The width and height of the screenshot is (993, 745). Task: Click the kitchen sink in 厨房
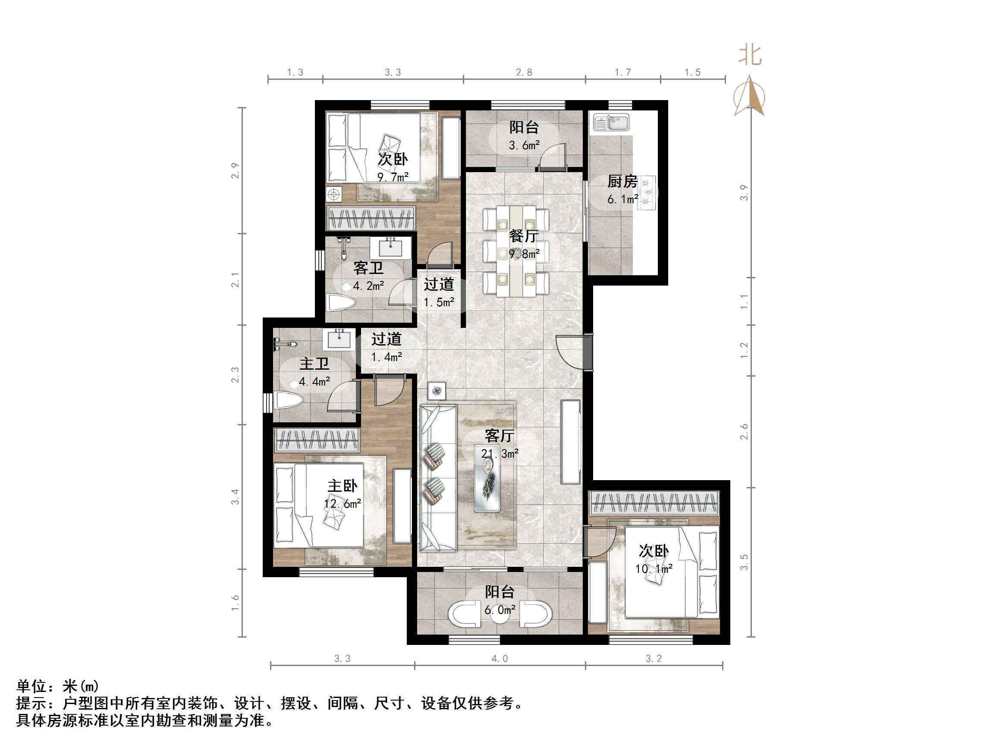click(x=611, y=122)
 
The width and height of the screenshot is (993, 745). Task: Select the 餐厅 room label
click(x=524, y=235)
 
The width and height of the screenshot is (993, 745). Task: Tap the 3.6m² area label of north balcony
click(x=524, y=145)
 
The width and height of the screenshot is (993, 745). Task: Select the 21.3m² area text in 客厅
click(x=500, y=453)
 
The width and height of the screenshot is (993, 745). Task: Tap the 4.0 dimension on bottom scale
click(x=500, y=659)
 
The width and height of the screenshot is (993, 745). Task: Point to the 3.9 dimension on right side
click(x=744, y=193)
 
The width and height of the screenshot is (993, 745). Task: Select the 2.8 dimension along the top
click(x=524, y=72)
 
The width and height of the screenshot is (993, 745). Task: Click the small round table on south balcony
click(x=500, y=615)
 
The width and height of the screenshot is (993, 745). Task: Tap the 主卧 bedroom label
click(x=343, y=485)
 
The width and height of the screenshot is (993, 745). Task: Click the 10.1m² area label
click(x=654, y=569)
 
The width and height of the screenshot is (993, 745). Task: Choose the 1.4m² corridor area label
click(x=387, y=357)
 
